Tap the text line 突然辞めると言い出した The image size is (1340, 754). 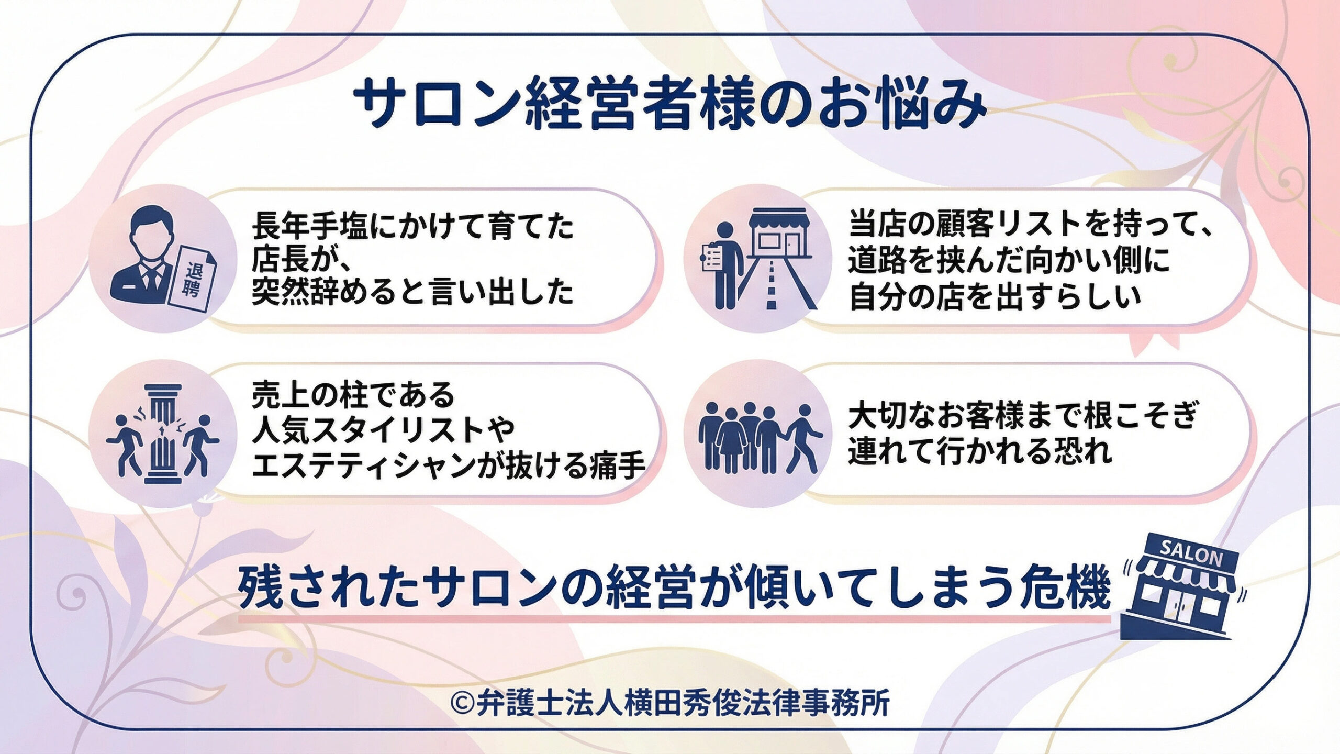coord(413,292)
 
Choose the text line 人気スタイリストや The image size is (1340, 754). coord(384,430)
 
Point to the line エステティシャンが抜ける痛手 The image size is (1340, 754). coord(448,464)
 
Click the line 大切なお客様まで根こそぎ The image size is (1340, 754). coord(1023,416)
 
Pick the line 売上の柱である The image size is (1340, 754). coord(353,396)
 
